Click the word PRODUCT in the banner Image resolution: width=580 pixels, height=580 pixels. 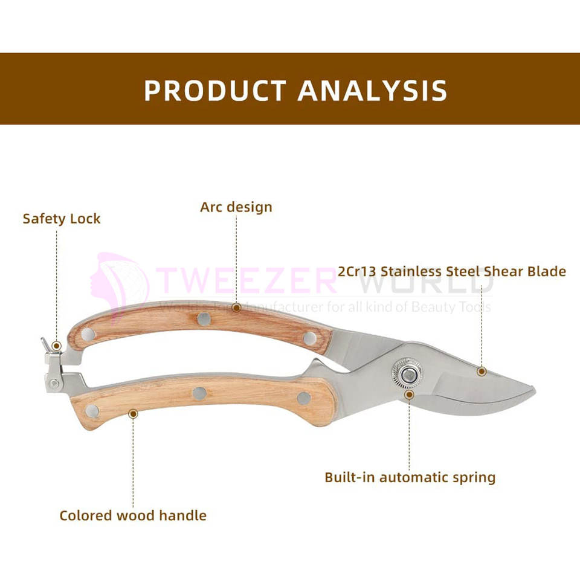tap(214, 90)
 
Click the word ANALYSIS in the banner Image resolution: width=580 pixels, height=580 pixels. tap(372, 90)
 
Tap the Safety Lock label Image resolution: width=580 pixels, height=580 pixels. tap(62, 219)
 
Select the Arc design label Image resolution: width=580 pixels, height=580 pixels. tap(236, 207)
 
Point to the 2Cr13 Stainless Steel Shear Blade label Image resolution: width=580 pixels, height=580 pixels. tap(452, 271)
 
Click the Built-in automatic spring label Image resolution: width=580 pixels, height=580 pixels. tap(410, 477)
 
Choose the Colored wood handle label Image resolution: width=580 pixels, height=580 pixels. tap(133, 515)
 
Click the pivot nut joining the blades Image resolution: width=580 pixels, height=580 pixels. tap(407, 372)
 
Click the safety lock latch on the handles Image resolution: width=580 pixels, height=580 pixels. tap(53, 362)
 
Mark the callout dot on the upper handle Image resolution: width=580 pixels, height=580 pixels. tap(236, 308)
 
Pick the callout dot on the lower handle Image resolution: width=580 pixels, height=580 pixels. tap(133, 413)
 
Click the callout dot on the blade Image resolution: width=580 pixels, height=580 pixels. tap(481, 371)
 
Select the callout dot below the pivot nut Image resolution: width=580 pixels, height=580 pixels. tap(409, 395)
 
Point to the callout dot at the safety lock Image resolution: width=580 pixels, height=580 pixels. tap(56, 346)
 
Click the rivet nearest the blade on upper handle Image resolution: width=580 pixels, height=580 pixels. tap(309, 338)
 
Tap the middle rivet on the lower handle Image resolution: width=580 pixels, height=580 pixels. tap(199, 393)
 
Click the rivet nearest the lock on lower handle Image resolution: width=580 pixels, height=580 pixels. tap(91, 411)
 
